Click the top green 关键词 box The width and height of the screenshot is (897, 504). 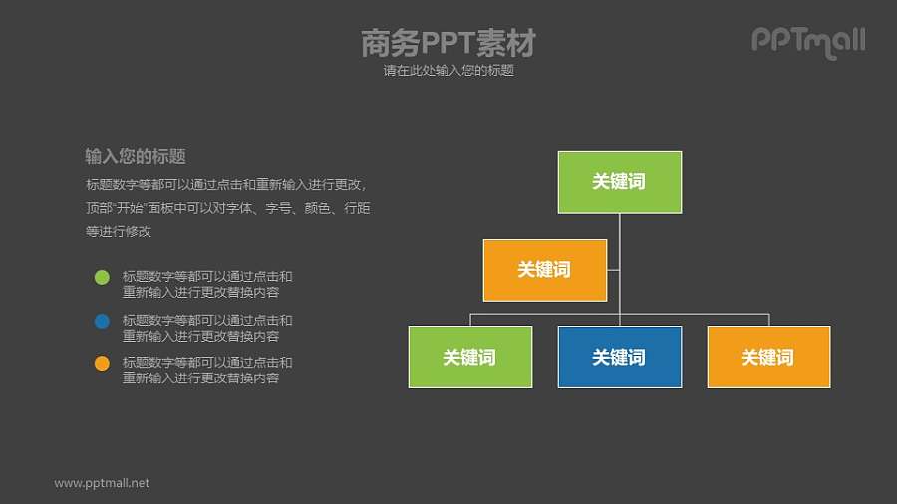click(x=619, y=182)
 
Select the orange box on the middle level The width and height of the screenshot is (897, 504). click(x=544, y=270)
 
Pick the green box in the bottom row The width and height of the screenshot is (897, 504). click(x=469, y=357)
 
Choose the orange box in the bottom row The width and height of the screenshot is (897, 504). click(x=768, y=357)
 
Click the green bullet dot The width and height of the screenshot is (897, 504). click(x=102, y=278)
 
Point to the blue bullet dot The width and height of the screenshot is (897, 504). click(x=102, y=321)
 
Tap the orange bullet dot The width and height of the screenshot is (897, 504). click(x=102, y=364)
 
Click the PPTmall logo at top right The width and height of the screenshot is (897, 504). click(x=807, y=41)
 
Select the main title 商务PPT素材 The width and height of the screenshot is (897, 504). click(x=448, y=43)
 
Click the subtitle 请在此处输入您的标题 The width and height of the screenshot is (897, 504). click(x=448, y=71)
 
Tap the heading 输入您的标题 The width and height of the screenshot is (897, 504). click(x=136, y=156)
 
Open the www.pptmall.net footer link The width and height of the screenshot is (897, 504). click(x=102, y=483)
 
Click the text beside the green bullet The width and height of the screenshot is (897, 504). click(x=207, y=285)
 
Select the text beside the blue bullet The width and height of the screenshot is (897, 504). click(x=207, y=328)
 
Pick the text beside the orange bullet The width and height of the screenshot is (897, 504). click(x=207, y=371)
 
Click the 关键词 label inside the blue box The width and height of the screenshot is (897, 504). click(x=619, y=358)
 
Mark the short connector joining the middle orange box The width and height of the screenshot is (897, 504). click(x=613, y=270)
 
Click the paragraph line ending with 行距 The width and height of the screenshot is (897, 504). click(x=228, y=208)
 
